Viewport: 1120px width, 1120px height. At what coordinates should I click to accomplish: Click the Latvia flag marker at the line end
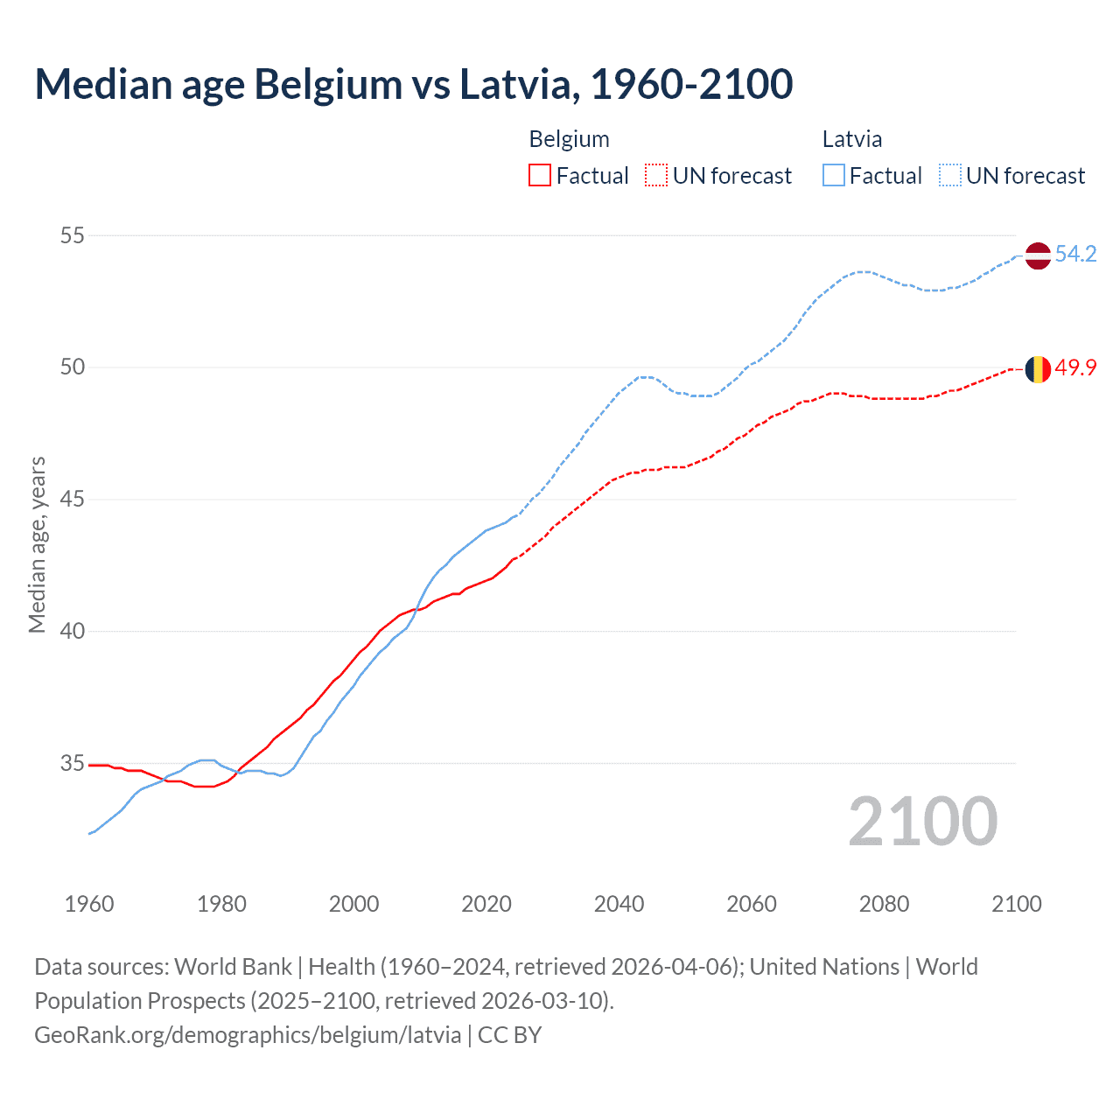1038,255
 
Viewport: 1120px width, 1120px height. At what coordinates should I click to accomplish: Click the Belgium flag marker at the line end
1038,369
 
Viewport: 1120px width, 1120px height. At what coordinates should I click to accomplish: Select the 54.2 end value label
1075,255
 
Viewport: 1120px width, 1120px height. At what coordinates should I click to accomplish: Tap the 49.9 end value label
1075,368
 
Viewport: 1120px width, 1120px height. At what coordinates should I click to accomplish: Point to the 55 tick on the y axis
73,235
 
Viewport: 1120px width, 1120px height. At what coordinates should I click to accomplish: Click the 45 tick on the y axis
73,500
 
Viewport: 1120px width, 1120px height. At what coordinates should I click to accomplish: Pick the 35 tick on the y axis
73,764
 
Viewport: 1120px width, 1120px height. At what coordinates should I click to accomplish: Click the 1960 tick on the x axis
89,904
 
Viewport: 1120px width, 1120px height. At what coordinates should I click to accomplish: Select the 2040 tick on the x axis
619,904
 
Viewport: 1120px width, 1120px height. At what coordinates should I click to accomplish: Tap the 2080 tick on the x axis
884,904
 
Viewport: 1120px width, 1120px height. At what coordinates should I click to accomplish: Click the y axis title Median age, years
37,544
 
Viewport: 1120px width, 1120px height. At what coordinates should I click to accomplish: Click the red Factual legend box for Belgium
540,176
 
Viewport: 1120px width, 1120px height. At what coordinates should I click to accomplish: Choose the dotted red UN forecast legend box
656,176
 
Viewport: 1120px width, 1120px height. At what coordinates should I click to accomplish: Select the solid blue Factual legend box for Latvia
834,176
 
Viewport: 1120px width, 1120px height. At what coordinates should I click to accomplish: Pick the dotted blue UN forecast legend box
949,176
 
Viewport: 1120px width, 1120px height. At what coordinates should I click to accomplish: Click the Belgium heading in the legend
569,139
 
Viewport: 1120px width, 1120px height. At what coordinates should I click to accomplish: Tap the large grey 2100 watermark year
922,822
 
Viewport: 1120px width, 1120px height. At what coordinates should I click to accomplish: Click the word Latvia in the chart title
515,84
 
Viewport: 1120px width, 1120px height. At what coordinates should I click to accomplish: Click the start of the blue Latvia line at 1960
90,833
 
